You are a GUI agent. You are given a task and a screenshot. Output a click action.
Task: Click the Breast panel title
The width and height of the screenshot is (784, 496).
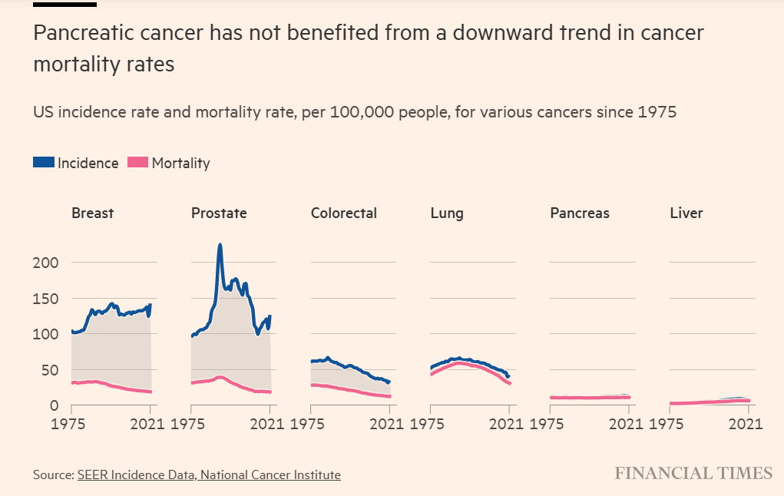tap(92, 213)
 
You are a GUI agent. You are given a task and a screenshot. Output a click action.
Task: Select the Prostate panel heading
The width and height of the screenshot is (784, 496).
tap(219, 213)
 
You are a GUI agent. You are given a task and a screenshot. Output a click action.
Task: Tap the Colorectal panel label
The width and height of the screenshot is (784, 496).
tap(343, 213)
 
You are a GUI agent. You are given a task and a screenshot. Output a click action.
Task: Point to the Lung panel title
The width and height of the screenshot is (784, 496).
tap(447, 213)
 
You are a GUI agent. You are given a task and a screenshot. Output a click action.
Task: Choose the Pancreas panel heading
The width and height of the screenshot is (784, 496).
tap(580, 213)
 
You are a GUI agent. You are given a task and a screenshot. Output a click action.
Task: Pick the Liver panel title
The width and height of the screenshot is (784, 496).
tap(686, 213)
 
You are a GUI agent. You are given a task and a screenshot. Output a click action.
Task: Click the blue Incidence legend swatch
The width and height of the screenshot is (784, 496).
tap(44, 163)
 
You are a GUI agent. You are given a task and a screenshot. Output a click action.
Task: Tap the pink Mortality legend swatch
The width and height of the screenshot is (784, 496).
tap(138, 163)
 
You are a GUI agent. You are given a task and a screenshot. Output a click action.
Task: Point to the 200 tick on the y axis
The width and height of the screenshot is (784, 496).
tap(48, 263)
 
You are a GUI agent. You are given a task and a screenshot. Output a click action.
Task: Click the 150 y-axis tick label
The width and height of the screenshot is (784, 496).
tap(48, 298)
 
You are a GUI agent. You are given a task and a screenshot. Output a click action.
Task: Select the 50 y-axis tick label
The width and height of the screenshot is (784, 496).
tap(51, 370)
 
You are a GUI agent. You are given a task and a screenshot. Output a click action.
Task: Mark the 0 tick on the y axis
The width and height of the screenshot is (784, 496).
tap(55, 405)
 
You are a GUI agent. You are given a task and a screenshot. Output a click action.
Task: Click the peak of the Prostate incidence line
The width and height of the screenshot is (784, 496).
tap(220, 246)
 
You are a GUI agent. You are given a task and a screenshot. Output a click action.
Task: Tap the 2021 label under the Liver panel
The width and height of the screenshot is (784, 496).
tap(749, 423)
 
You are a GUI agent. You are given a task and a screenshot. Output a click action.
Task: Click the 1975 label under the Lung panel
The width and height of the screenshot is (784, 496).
tap(430, 423)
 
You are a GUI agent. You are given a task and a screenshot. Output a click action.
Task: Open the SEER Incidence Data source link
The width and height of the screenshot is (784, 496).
tap(209, 475)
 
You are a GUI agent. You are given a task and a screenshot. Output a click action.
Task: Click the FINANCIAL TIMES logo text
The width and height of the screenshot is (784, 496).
tap(693, 473)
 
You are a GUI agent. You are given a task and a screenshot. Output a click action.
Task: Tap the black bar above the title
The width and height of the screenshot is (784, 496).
tap(65, 4)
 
